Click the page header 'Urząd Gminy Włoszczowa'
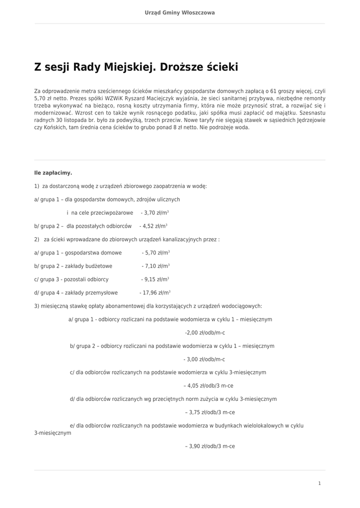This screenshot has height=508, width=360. [180, 12]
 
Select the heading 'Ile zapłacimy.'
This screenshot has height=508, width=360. [53, 173]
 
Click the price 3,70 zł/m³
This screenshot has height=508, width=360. [155, 213]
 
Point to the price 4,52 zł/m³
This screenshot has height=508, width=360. [153, 226]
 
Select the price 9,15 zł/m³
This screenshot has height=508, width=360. [155, 280]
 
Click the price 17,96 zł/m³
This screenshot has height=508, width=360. [155, 293]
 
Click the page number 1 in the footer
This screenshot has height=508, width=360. [319, 483]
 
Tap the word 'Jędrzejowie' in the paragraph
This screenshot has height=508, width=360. [310, 120]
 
